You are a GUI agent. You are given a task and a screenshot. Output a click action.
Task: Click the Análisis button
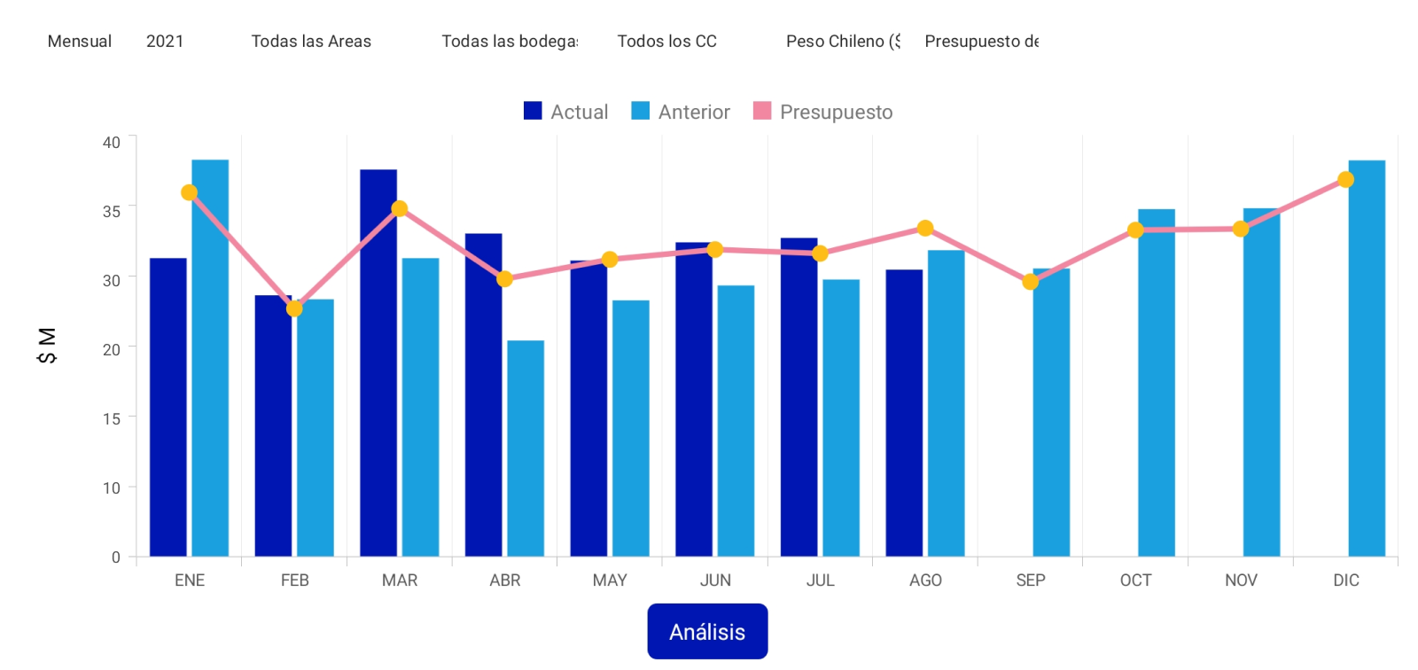tap(707, 631)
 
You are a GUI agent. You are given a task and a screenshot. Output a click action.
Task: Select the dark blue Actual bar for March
tap(378, 363)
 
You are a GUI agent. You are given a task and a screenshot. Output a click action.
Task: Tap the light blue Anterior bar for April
tap(526, 448)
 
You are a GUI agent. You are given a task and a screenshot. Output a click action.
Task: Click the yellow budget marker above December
tap(1345, 180)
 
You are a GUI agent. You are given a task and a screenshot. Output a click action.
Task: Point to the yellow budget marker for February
tap(294, 308)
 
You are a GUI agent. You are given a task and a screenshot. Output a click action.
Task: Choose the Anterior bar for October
tap(1156, 383)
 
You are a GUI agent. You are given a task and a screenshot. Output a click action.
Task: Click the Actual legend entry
tap(566, 112)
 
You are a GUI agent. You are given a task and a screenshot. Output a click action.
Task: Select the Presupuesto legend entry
tap(823, 112)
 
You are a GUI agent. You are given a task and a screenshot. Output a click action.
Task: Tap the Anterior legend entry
tap(681, 112)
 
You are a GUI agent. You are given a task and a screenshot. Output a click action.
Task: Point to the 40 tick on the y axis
tap(112, 142)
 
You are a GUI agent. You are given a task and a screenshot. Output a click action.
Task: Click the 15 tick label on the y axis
tap(112, 418)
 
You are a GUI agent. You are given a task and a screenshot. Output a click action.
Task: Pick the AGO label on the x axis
tap(925, 580)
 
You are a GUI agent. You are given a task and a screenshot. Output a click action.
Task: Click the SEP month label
tap(1031, 580)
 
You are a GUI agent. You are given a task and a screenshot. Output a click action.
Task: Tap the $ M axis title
tap(47, 346)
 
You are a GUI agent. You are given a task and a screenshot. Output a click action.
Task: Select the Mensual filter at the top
tap(80, 42)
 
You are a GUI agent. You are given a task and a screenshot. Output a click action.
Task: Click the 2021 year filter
tap(165, 42)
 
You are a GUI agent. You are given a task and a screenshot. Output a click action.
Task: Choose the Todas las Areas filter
tap(311, 42)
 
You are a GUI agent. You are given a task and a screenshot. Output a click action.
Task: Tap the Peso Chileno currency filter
tap(843, 42)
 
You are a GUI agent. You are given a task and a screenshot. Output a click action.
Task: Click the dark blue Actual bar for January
tap(168, 408)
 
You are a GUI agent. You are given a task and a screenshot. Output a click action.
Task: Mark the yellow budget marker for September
tap(1030, 282)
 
